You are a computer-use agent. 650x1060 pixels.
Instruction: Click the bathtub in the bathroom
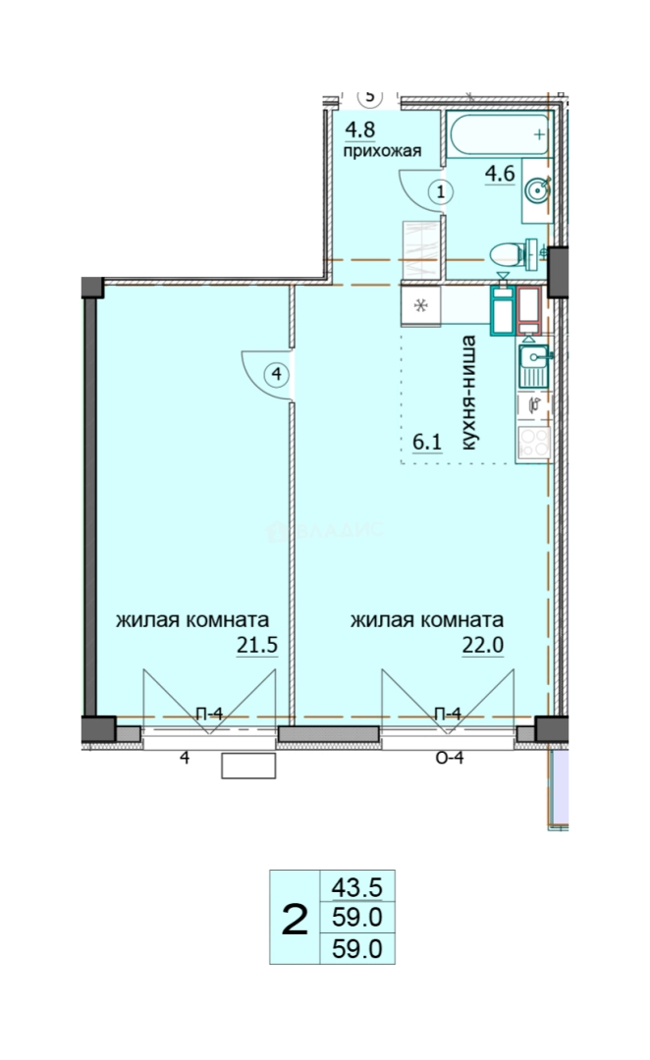coord(499,134)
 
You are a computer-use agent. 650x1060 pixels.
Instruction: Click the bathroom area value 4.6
coord(500,174)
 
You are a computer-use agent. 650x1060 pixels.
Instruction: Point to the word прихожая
coord(382,151)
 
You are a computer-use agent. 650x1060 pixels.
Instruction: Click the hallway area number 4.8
coord(359,130)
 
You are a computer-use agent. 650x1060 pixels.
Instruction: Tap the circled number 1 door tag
coord(441,192)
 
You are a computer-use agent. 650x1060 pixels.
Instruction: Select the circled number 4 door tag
coord(277,374)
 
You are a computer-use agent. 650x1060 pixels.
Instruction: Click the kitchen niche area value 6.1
coord(427,442)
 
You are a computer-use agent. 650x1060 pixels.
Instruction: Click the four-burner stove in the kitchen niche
coord(534,443)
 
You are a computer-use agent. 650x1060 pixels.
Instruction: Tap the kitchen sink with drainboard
coord(534,366)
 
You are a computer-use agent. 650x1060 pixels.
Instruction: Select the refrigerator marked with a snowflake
coord(420,306)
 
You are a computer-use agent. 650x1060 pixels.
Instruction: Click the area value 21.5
coord(257,646)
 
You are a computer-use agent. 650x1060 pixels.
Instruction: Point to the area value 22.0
coord(483,646)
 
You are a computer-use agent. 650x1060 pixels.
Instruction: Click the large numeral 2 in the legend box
coord(295,920)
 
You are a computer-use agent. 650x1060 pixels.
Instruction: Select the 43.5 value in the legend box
coord(357,886)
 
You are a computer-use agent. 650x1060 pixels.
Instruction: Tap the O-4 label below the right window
coord(449,758)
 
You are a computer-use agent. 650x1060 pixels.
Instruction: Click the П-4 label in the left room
coord(209,714)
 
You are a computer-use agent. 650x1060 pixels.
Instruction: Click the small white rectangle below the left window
coord(249,766)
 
